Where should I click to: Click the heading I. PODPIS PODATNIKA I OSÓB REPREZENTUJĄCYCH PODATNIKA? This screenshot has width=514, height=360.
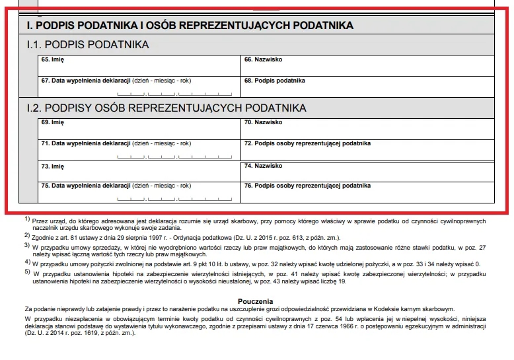(190, 26)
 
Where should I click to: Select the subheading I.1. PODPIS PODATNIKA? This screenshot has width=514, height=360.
(87, 45)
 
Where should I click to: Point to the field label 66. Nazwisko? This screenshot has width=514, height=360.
(263, 59)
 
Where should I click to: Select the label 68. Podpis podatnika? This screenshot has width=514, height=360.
(274, 81)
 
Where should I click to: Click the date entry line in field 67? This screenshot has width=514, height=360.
(174, 93)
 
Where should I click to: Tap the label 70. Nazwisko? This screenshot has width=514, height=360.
(263, 122)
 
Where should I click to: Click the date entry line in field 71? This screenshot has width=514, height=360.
(174, 156)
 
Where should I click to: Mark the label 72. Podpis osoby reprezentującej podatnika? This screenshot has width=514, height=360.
(307, 143)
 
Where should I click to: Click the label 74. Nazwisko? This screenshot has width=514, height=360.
(263, 165)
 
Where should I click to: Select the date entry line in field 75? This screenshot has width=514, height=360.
(174, 198)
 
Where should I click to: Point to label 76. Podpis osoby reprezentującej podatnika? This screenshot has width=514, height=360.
(307, 186)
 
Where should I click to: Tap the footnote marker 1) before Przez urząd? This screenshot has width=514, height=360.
(27, 219)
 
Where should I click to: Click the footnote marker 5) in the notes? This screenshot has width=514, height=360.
(27, 271)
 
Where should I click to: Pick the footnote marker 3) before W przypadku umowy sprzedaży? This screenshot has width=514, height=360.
(27, 245)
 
